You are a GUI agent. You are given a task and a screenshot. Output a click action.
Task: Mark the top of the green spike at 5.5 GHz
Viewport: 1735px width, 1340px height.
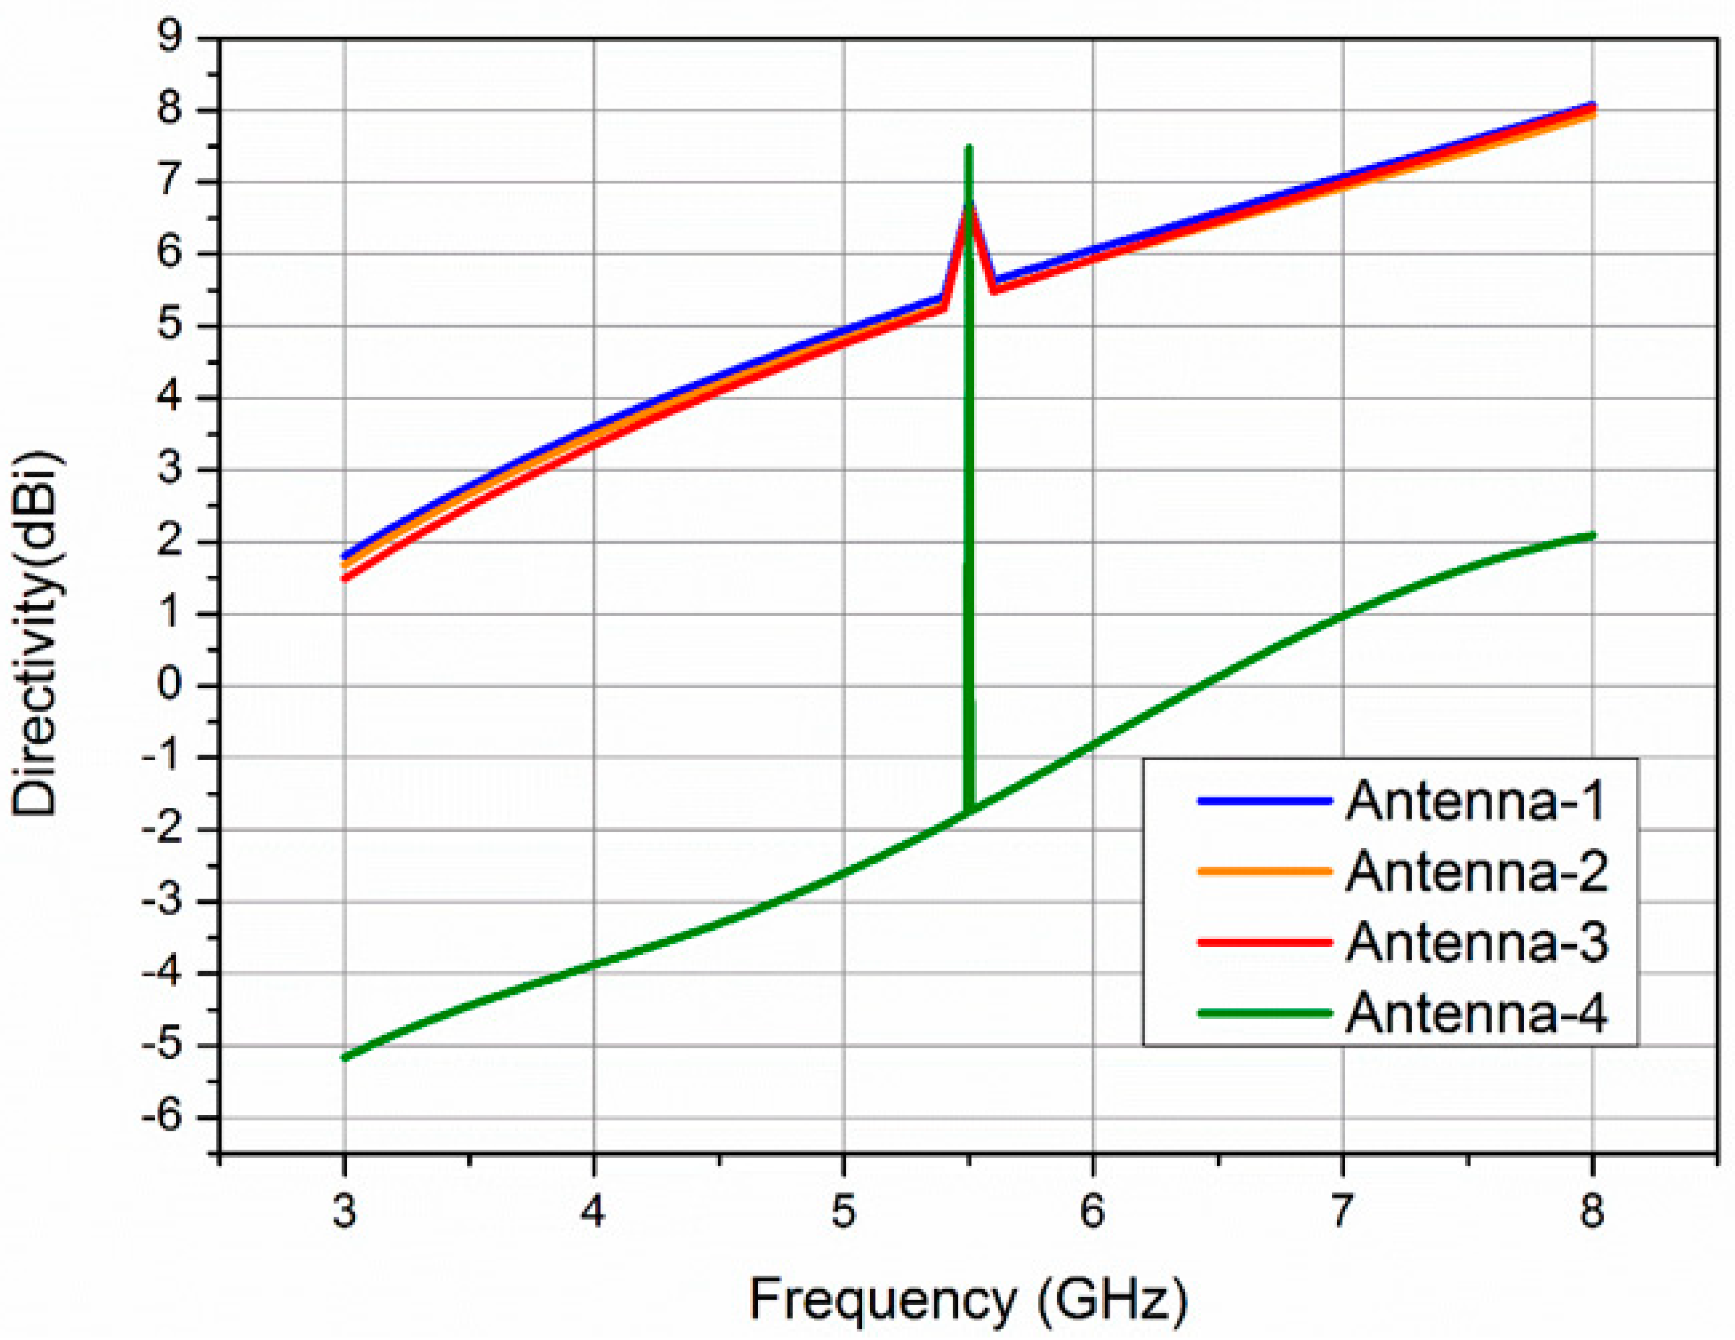coord(968,148)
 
